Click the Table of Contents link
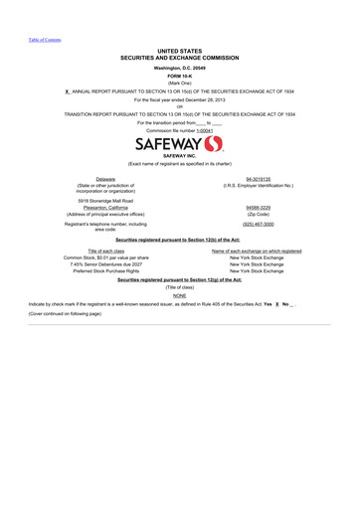point(44,40)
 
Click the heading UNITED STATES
point(179,50)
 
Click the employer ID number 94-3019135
point(259,179)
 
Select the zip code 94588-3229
point(259,207)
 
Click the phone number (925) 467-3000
point(259,225)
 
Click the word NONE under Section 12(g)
point(179,295)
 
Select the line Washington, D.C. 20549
point(179,67)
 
